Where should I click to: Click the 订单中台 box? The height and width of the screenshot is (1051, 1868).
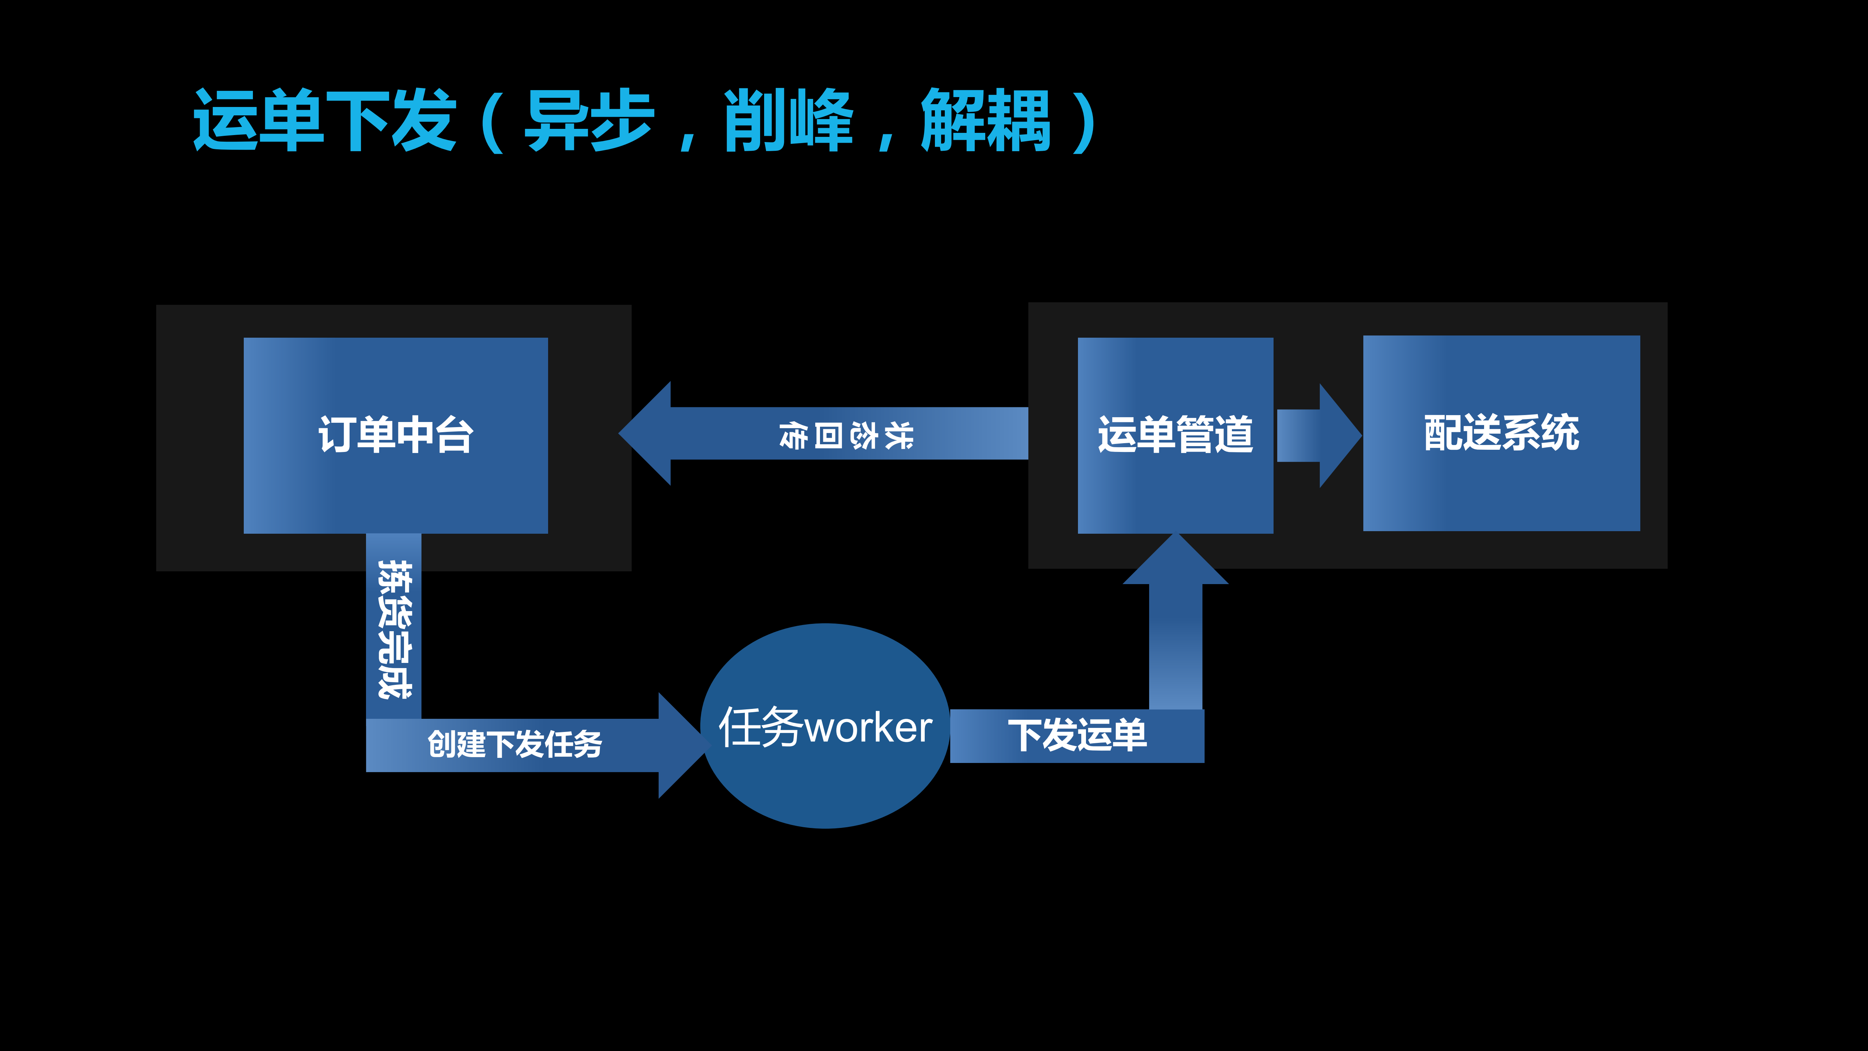tap(395, 435)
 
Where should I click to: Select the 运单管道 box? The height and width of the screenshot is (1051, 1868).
tap(1175, 435)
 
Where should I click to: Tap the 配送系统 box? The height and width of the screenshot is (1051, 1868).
tap(1501, 433)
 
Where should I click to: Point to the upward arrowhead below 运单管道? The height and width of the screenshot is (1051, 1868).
tap(1175, 562)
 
